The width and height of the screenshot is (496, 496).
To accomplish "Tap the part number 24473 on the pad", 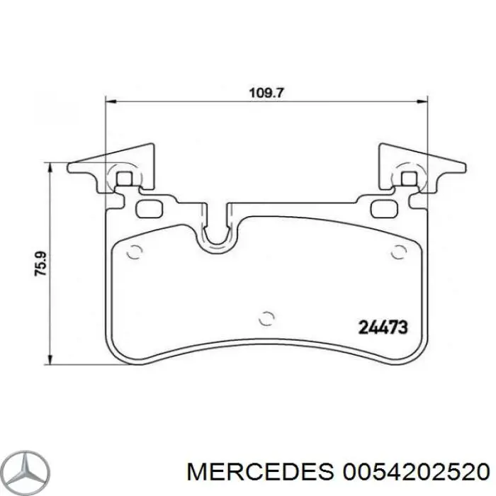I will pos(383,327).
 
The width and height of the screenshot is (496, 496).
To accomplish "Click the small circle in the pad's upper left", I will pos(133,251).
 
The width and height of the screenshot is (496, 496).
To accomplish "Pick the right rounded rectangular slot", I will pos(383,208).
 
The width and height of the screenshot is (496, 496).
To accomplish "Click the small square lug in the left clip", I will pos(125,179).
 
